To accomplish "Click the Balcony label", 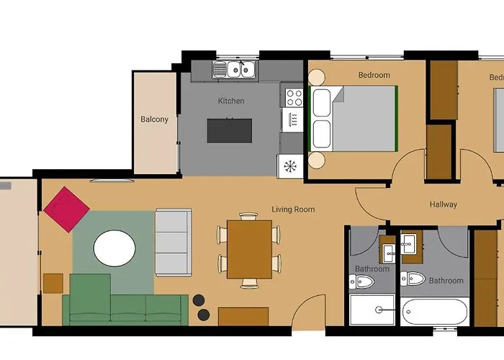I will [154, 120].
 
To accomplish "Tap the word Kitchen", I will [231, 101].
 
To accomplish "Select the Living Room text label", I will [293, 210].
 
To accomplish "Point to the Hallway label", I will [443, 204].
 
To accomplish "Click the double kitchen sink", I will [235, 69].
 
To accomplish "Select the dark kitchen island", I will [230, 130].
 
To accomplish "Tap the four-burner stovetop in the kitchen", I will [294, 97].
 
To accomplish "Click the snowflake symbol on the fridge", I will [290, 166].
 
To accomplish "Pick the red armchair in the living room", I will [66, 209].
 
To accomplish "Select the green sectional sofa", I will [122, 306].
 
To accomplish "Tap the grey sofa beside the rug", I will [173, 241].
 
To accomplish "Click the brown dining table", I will [248, 248].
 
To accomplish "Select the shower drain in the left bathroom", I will [379, 310].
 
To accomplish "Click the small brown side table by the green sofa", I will [53, 283].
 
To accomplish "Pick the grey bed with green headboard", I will [353, 119].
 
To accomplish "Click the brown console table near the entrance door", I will [243, 316].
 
